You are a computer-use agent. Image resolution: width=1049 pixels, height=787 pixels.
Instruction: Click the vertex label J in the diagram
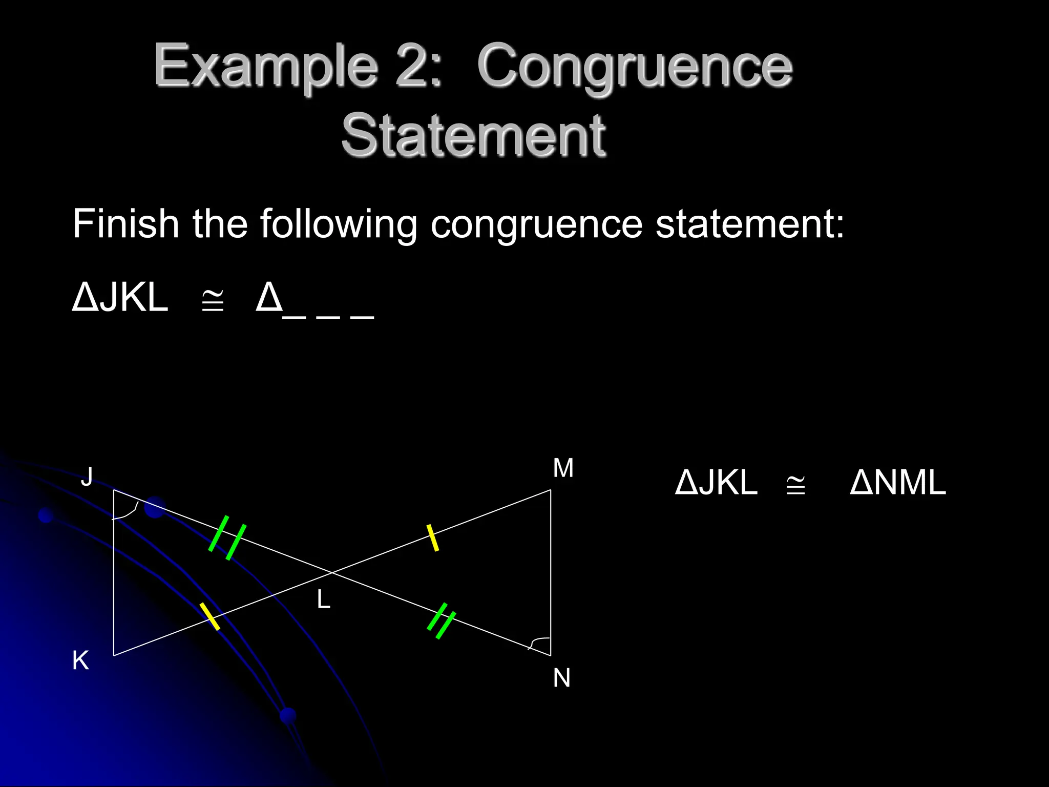click(88, 477)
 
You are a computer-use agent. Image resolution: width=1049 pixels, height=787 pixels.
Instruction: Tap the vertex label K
click(80, 660)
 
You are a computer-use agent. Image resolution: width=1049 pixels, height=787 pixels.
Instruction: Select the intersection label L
click(323, 599)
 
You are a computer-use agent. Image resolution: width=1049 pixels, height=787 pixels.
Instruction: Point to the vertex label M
click(563, 468)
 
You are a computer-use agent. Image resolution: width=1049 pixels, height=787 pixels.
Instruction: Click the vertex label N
click(562, 678)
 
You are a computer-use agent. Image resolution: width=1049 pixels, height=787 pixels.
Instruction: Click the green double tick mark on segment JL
click(227, 537)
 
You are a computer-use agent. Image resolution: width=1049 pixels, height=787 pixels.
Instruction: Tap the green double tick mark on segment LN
click(442, 621)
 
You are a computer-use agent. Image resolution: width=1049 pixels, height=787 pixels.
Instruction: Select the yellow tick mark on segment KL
click(209, 616)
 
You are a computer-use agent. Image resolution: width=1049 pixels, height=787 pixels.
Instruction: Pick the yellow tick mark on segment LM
click(433, 537)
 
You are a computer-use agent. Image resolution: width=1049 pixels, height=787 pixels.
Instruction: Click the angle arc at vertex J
click(131, 512)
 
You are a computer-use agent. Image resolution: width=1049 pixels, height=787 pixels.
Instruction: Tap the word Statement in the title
click(473, 135)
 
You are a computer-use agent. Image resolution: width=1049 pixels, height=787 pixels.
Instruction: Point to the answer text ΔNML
click(897, 483)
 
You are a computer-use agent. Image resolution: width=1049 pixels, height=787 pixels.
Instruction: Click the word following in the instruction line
click(339, 224)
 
